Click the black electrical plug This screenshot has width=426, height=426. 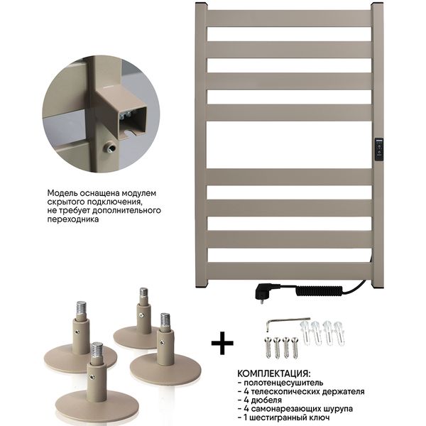[x=264, y=292]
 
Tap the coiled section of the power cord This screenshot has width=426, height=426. [x=319, y=290]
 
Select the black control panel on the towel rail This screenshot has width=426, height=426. [x=379, y=149]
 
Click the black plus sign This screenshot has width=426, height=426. [x=222, y=343]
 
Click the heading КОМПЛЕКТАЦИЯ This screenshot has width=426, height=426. [x=273, y=373]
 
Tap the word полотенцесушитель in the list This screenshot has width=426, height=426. [x=283, y=383]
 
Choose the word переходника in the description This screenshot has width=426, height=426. [x=73, y=219]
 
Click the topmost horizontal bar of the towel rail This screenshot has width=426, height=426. [x=290, y=18]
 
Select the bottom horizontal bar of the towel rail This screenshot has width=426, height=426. [x=290, y=271]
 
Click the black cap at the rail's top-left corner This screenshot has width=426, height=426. [x=201, y=4]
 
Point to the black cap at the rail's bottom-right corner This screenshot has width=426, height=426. [x=378, y=287]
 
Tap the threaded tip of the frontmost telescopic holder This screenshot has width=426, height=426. [x=97, y=350]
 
